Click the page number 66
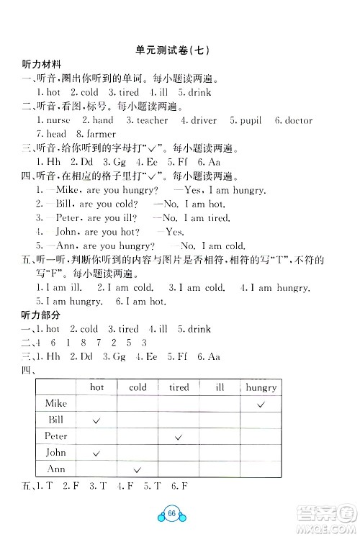coord(171,514)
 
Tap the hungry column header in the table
coord(261,387)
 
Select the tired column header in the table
coord(179,387)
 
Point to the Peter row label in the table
coord(56,436)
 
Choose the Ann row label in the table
coord(56,469)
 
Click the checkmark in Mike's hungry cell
coord(261,405)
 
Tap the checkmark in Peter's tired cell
coord(179,437)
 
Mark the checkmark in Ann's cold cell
coord(138,469)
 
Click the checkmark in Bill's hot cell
coord(96,420)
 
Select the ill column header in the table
coord(220,387)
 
